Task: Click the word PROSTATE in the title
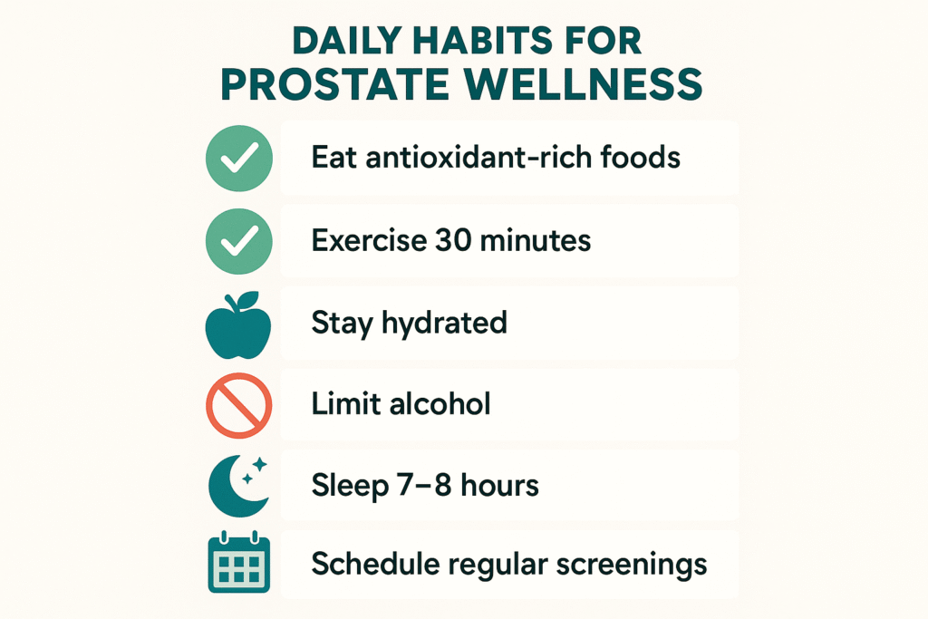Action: click(x=334, y=84)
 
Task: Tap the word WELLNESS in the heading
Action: click(x=584, y=84)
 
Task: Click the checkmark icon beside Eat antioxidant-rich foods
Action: click(x=239, y=158)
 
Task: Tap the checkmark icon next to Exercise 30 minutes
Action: click(x=239, y=241)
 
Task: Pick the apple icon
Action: click(x=238, y=324)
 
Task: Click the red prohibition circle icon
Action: click(x=239, y=405)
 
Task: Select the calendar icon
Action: click(x=239, y=562)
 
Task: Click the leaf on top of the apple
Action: click(x=248, y=299)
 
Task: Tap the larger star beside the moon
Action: click(x=260, y=465)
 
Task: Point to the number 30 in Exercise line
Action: click(x=453, y=240)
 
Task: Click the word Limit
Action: click(x=342, y=404)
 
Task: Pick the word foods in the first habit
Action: click(x=641, y=158)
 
